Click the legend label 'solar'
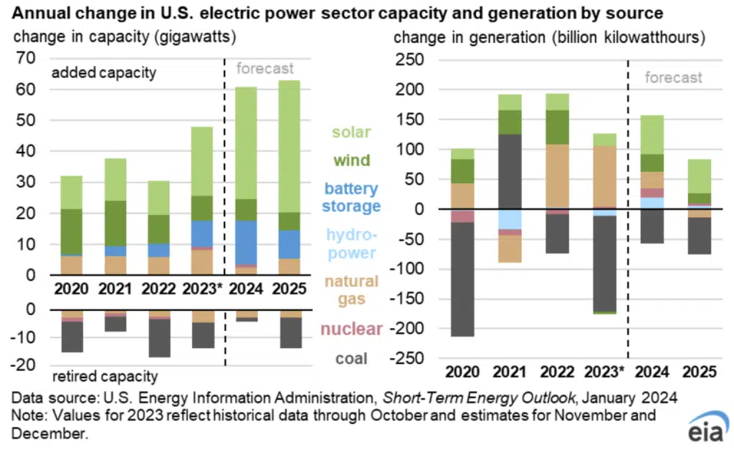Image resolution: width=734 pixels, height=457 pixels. click(351, 133)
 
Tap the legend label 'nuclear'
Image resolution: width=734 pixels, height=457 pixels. click(351, 329)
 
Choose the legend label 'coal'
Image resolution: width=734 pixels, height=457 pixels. click(351, 358)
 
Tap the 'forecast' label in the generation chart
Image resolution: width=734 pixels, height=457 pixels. click(673, 77)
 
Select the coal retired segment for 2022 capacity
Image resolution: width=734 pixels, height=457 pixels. click(160, 337)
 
